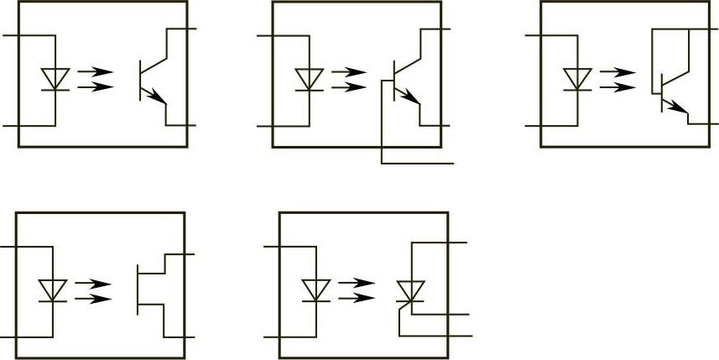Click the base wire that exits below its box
coord(417,163)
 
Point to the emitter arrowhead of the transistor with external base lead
coord(413,98)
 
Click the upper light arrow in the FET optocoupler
coord(94,284)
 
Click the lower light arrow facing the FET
coord(94,297)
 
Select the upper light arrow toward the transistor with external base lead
coord(349,72)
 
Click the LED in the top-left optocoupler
coord(55,79)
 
